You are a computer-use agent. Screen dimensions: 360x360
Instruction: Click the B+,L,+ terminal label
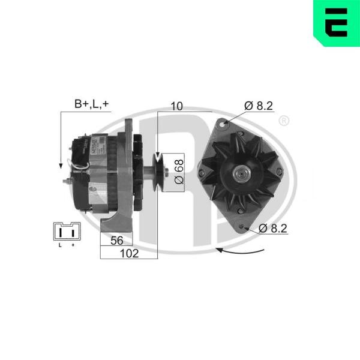91,104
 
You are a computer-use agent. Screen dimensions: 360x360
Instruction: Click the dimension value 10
177,106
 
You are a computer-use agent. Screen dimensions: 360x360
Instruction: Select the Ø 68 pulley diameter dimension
179,172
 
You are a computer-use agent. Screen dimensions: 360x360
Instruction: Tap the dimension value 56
117,241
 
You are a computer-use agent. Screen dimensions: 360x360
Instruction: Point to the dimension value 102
129,253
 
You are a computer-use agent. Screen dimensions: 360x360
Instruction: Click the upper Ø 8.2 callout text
259,106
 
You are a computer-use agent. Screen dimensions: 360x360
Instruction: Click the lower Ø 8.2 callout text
273,229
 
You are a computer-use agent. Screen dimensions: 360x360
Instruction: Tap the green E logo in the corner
337,23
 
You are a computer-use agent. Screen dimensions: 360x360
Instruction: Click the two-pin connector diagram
67,231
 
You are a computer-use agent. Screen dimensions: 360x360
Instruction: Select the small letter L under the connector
60,245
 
